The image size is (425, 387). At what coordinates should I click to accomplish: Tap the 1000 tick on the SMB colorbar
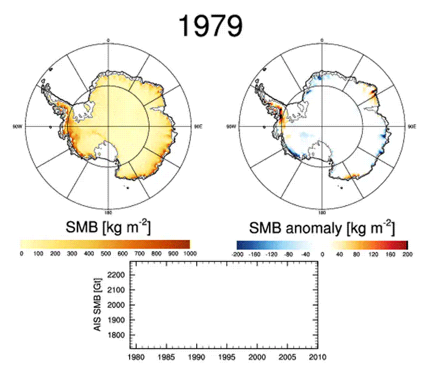(x=188, y=254)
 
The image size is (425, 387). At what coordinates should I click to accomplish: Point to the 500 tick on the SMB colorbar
(x=106, y=254)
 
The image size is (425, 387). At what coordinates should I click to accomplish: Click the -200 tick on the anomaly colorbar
(x=236, y=254)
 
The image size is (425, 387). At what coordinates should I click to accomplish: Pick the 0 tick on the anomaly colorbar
(x=322, y=254)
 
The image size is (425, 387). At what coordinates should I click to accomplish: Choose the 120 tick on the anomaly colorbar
(x=373, y=254)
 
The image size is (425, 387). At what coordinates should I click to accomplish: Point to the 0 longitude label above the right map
(x=321, y=40)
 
